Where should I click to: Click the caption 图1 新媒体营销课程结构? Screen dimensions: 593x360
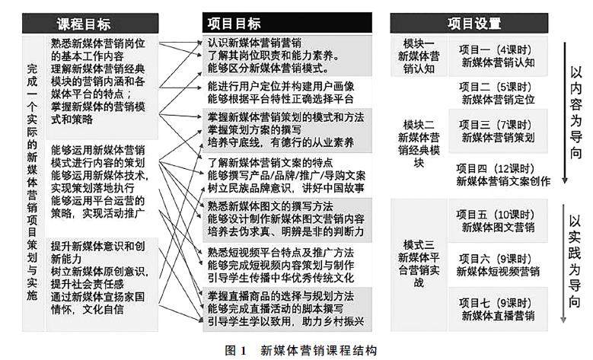tap(296, 350)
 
